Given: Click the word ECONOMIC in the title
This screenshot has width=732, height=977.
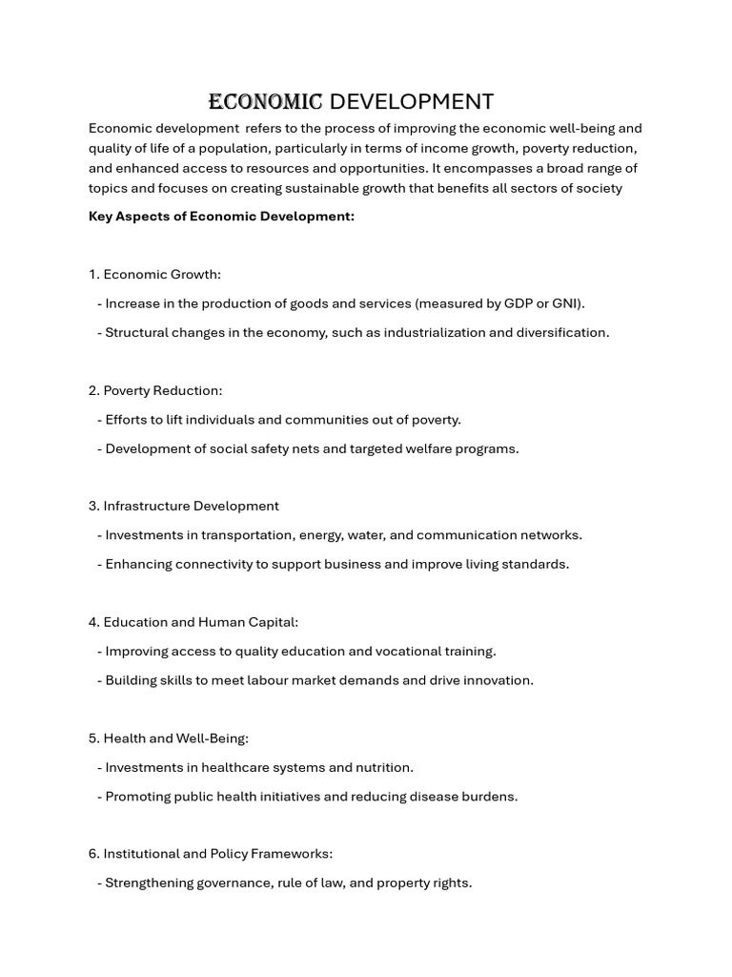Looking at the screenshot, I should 266,102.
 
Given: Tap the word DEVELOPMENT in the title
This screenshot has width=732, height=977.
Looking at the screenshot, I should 411,102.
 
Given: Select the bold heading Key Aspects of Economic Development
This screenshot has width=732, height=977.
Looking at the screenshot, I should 221,217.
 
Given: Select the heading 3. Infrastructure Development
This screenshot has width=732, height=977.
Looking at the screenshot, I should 184,507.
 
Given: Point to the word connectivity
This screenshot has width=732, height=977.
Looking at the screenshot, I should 224,565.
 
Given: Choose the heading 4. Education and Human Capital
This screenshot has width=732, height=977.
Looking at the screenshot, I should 193,622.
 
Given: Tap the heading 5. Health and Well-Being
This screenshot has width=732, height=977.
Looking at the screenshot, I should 169,738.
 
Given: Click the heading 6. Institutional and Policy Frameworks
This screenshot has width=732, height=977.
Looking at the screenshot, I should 211,854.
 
